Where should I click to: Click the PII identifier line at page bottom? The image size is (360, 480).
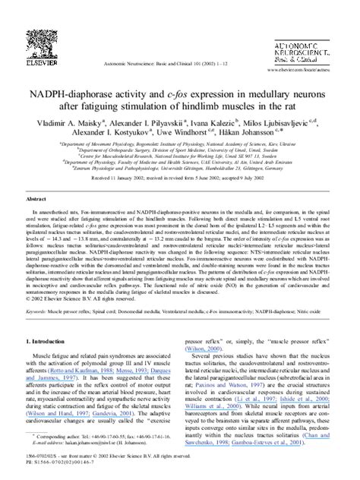tap(61, 460)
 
